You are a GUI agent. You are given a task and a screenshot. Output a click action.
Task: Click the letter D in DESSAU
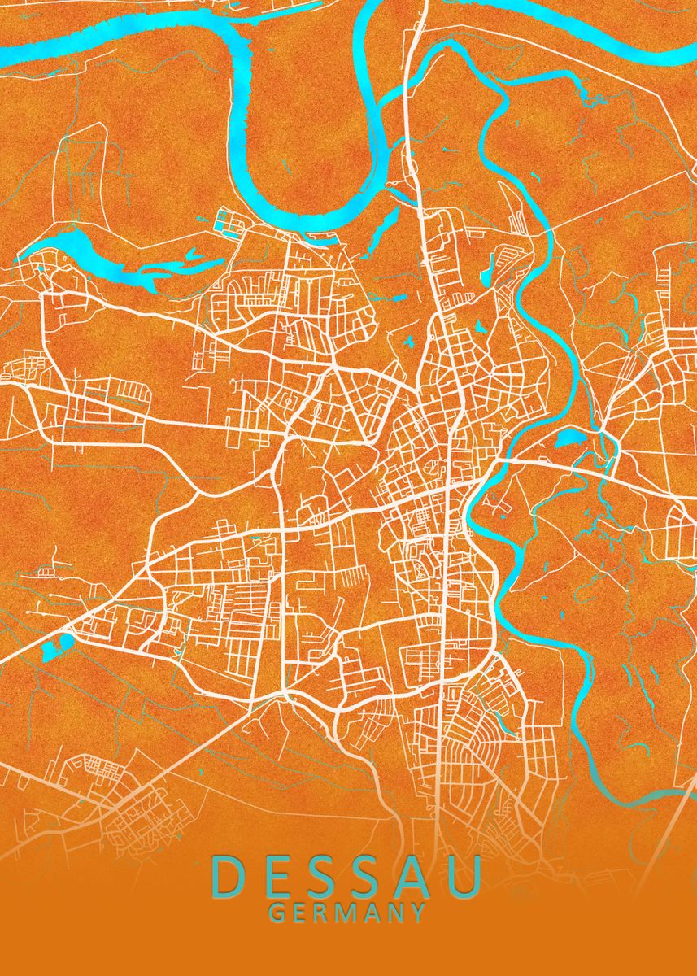coord(230,877)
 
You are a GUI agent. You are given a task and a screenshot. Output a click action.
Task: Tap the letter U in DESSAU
coord(467,877)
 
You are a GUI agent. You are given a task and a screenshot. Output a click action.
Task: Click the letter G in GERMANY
coord(277,913)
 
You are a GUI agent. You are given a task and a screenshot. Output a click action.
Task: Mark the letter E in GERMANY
coord(300,913)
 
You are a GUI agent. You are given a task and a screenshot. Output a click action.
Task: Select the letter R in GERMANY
coord(322,913)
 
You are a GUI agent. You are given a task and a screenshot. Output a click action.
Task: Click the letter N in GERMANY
coord(395,913)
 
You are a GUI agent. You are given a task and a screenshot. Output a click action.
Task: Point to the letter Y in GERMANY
coord(418,913)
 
